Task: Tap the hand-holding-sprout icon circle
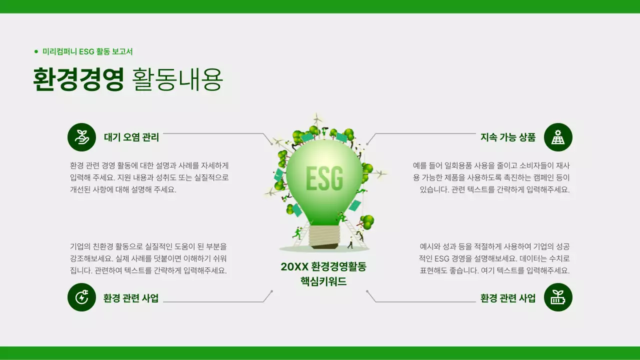click(x=81, y=137)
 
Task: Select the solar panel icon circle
click(x=558, y=137)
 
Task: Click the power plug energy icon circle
click(x=81, y=297)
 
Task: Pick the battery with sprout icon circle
click(x=558, y=297)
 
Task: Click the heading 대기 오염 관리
click(x=131, y=137)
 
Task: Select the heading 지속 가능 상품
click(x=507, y=137)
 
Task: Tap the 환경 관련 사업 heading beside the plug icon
click(x=131, y=298)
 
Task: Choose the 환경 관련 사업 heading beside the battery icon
click(x=507, y=298)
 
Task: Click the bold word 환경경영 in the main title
click(x=78, y=79)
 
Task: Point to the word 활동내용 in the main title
click(x=177, y=79)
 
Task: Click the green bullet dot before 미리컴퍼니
click(x=36, y=51)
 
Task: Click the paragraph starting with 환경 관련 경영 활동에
click(x=149, y=177)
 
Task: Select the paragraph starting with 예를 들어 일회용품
click(x=491, y=177)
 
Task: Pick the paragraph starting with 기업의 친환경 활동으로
click(x=148, y=258)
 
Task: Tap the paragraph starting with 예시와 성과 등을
click(x=494, y=258)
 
